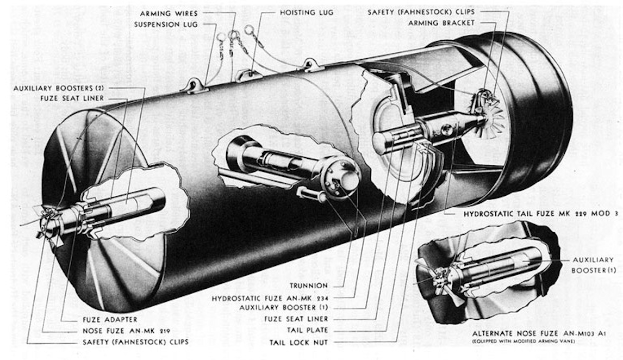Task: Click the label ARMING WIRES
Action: pos(169,14)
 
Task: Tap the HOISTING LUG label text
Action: pos(306,13)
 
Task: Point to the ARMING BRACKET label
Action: pos(441,23)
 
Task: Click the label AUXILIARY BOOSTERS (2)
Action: pos(58,88)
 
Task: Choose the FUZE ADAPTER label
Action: pos(110,319)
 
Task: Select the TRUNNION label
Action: pos(309,285)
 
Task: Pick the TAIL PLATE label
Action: pos(308,330)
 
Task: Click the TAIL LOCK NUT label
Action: pos(299,342)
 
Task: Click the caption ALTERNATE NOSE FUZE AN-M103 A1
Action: pos(539,334)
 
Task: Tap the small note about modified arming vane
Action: pos(524,342)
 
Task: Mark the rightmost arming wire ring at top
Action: pos(250,29)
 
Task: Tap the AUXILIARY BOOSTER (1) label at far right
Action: pos(593,265)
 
